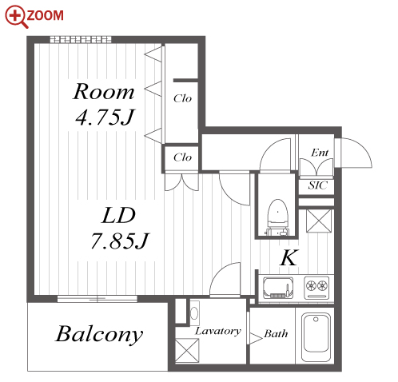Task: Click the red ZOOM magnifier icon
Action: pos(17,17)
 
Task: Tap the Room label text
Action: pos(103,92)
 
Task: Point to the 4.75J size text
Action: pos(105,117)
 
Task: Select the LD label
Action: pos(119,215)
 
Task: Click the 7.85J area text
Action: pos(120,241)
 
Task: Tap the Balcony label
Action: pos(99,334)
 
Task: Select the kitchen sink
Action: pos(278,288)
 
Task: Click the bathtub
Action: pos(316,336)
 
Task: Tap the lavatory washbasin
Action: pos(194,312)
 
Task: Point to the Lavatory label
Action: pos(218,331)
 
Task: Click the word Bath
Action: pos(276,333)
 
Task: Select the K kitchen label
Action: pos(289,257)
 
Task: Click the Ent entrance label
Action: pos(320,153)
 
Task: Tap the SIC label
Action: pos(317,185)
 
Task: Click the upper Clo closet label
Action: pos(182,98)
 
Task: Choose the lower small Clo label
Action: pos(182,157)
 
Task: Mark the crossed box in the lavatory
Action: pos(187,351)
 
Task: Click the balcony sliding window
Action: pos(98,299)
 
